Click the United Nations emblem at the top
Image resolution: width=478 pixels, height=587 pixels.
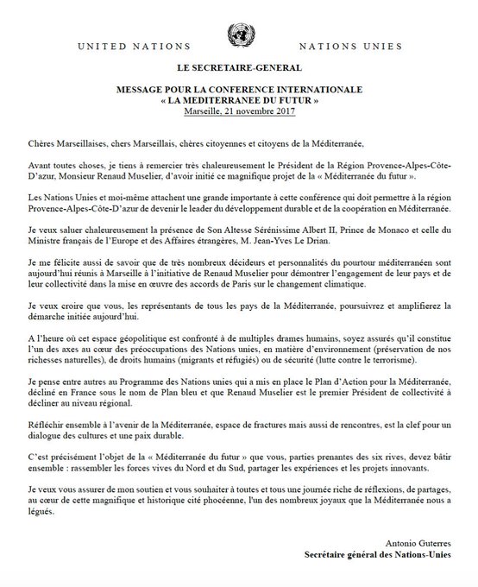point(238,35)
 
